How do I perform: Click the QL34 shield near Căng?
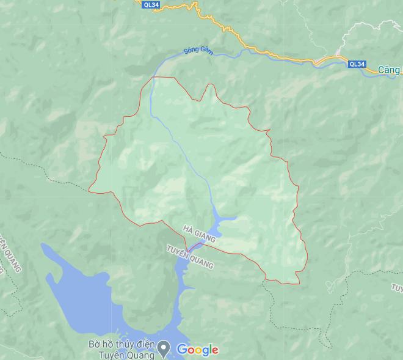pos(357,64)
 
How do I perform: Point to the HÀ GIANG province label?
pos(199,235)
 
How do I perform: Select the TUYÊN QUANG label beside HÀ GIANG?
pos(190,257)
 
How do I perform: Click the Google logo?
pos(197,350)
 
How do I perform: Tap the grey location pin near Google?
pos(164,349)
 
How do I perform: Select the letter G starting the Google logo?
pos(181,349)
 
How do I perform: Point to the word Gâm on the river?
pos(206,52)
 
